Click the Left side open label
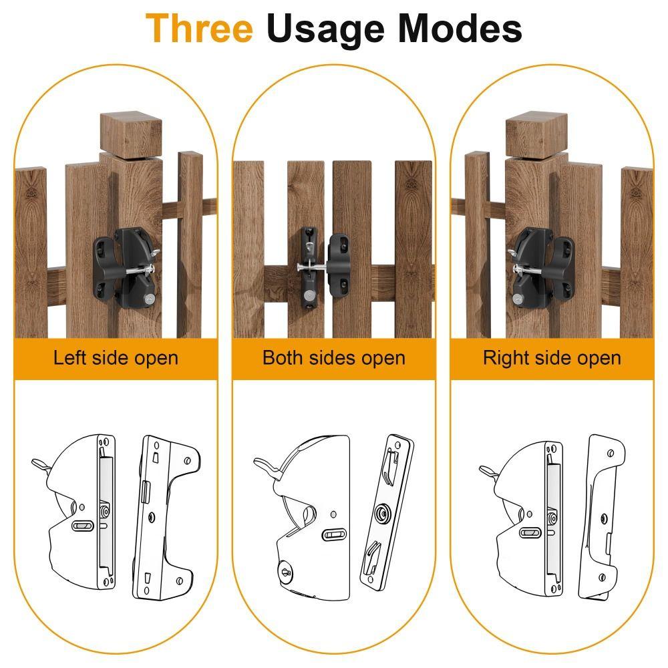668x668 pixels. click(116, 358)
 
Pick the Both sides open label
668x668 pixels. click(333, 358)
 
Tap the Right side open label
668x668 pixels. click(552, 358)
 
